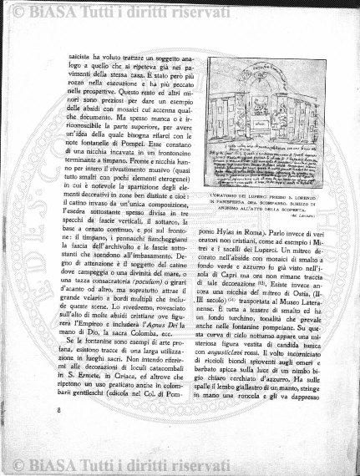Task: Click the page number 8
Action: click(59, 410)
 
